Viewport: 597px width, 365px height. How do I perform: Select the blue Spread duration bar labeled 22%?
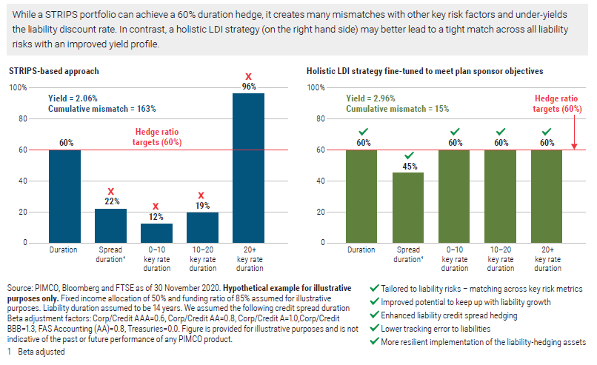[110, 225]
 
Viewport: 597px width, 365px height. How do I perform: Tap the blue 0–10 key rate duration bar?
[156, 232]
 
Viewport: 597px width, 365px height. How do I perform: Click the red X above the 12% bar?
[156, 207]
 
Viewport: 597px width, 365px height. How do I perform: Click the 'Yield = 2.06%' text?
[73, 98]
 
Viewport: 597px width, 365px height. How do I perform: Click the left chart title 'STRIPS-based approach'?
[54, 71]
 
